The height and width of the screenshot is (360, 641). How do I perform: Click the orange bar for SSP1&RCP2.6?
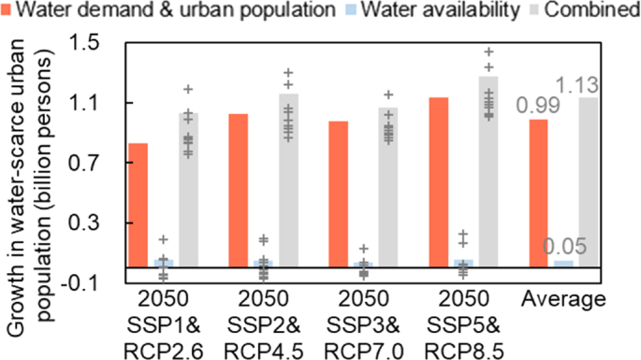[x=138, y=205]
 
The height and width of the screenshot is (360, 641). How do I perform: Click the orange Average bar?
[x=539, y=193]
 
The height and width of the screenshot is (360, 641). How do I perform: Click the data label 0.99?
[x=536, y=105]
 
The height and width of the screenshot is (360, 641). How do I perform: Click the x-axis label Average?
[x=564, y=300]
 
